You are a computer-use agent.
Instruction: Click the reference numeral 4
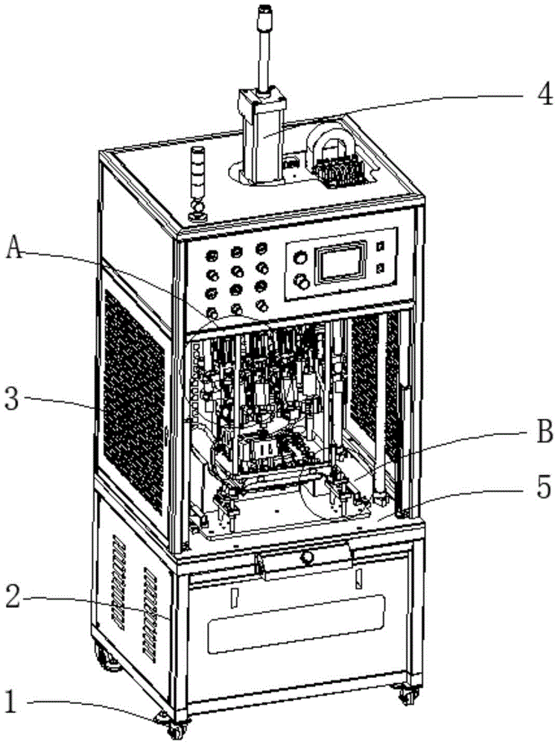[545, 93]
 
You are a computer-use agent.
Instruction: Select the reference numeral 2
[13, 597]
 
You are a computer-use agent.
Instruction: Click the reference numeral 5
[545, 488]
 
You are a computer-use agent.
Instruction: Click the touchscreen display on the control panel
[340, 264]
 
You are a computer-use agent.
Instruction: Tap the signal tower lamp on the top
[197, 183]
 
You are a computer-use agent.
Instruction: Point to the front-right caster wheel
[407, 695]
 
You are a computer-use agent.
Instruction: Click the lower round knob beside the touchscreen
[302, 282]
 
